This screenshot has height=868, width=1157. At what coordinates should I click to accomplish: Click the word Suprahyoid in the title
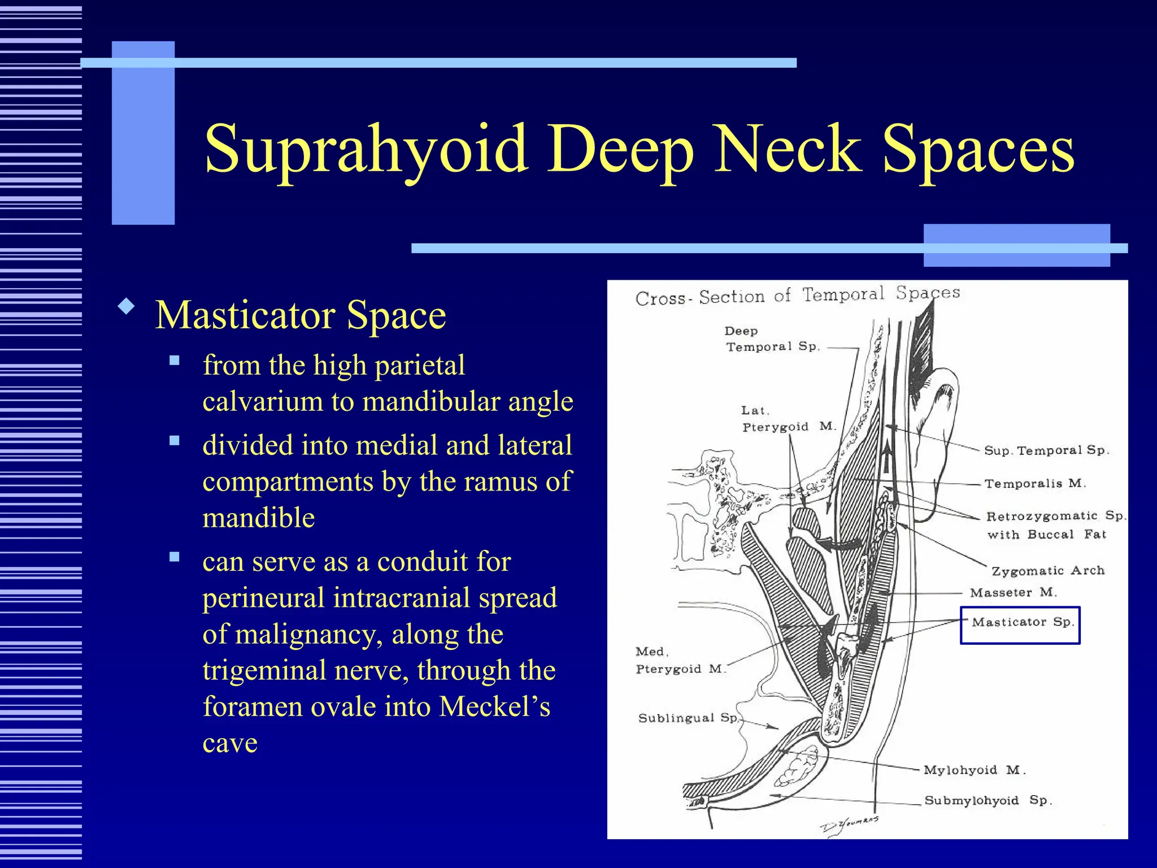tap(366, 149)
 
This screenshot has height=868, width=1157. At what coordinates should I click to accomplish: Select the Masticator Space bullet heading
tap(301, 315)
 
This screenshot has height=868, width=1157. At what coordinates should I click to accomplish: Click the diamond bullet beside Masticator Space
tap(127, 307)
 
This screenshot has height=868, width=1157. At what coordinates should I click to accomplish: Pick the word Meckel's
tap(494, 706)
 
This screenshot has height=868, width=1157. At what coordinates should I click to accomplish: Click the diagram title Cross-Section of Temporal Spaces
tap(797, 296)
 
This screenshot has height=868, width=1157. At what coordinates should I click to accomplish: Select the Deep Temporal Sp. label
tap(772, 339)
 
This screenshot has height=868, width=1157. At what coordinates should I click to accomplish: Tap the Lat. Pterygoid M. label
tap(788, 419)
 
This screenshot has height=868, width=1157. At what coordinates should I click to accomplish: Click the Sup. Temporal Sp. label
tap(1046, 450)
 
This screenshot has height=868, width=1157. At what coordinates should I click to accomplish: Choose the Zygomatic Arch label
tap(1048, 571)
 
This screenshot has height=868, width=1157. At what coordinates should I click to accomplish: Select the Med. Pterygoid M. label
tap(680, 661)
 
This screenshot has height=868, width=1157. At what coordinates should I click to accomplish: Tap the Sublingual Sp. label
tap(688, 718)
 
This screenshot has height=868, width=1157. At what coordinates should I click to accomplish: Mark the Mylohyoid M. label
tap(974, 770)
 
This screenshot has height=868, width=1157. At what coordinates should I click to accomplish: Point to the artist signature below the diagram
tap(849, 824)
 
